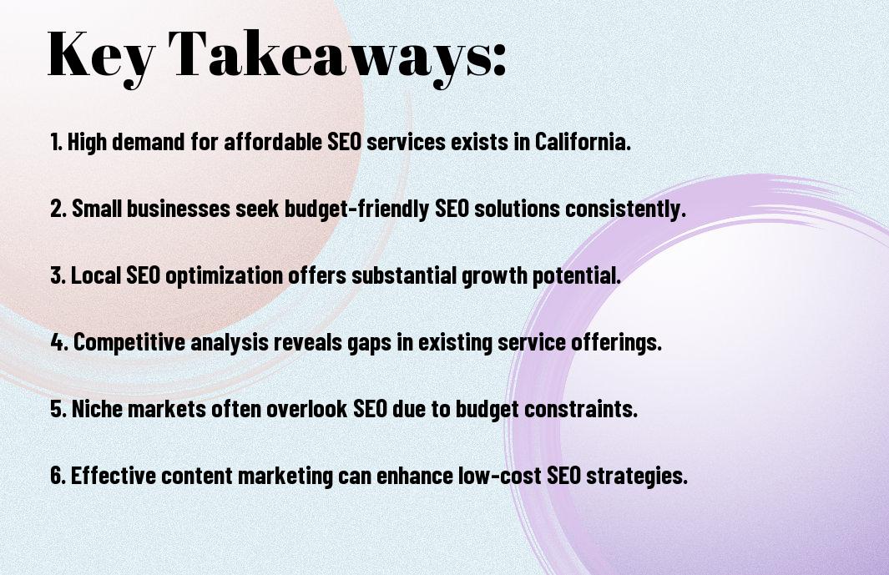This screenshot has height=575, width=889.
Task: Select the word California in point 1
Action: [583, 141]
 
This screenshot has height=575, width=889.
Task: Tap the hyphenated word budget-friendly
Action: [356, 209]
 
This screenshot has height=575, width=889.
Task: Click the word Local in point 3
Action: [96, 275]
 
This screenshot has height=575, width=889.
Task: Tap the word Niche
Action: [98, 408]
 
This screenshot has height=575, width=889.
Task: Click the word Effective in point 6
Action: [113, 475]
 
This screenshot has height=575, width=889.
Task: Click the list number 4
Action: [58, 342]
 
